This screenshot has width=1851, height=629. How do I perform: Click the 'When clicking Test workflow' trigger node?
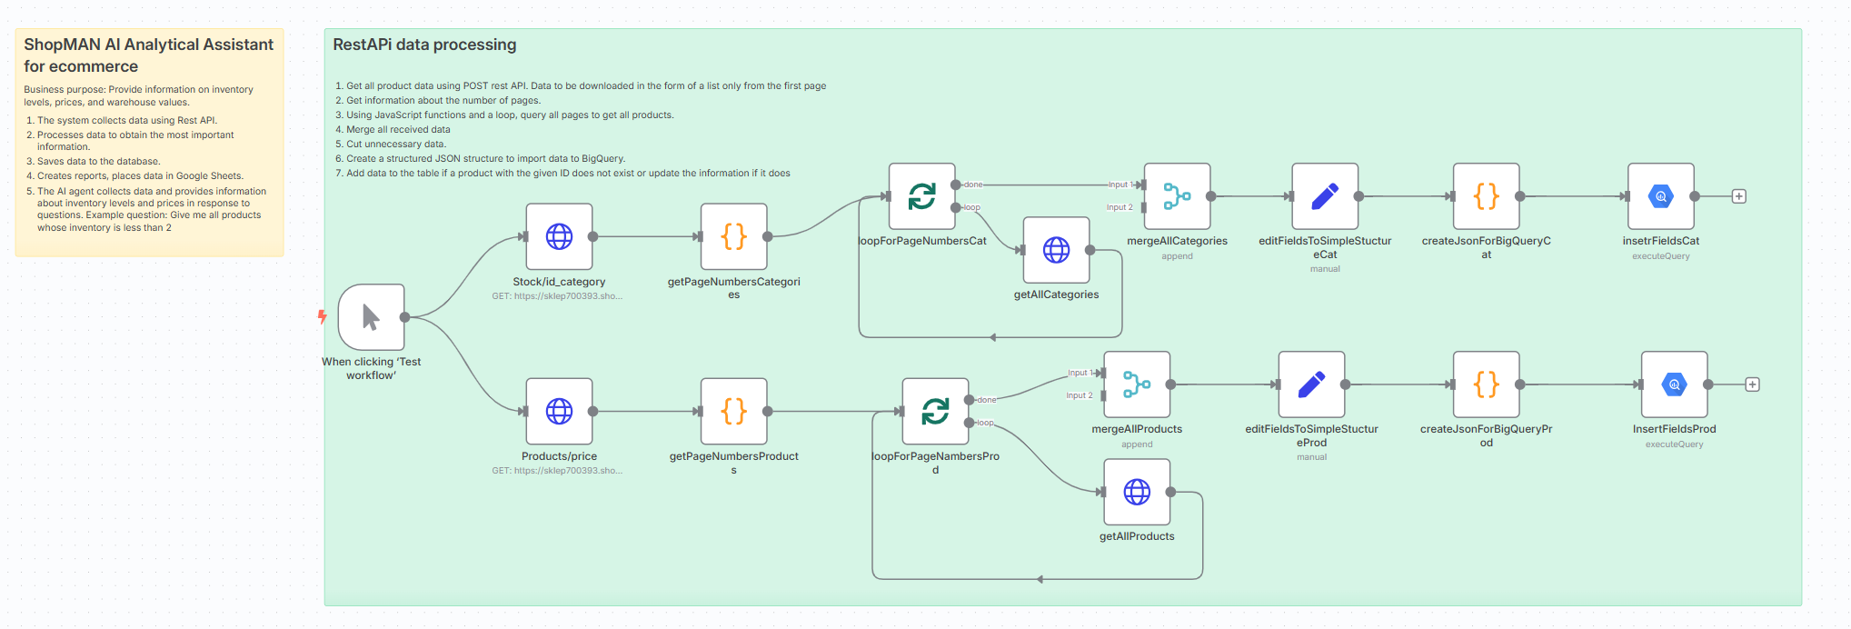[371, 317]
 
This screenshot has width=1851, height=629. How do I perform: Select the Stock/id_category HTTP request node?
[559, 236]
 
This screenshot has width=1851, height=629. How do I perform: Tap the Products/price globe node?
[559, 411]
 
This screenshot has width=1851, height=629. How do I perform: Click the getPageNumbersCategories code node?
[733, 236]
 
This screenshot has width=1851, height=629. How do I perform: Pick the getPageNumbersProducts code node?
[733, 411]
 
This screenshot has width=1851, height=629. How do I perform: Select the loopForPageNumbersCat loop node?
[921, 196]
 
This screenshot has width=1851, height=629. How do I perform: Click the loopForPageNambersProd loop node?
[935, 412]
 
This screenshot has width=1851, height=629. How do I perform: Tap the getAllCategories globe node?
[1056, 250]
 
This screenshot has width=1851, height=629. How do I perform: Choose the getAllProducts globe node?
[1137, 492]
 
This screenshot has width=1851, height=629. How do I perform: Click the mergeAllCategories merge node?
[1177, 196]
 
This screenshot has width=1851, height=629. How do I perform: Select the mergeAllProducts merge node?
[1137, 384]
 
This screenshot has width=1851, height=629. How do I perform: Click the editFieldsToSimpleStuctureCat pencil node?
[1325, 196]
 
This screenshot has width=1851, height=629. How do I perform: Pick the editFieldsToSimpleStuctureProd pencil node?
[1311, 384]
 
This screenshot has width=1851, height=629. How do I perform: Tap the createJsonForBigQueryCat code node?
[1486, 196]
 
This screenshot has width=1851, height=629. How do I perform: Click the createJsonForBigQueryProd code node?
[1486, 384]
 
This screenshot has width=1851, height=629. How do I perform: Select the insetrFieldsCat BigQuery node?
[1661, 196]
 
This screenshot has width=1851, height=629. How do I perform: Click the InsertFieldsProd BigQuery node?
[1675, 384]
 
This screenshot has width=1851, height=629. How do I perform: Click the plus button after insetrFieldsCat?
[1739, 196]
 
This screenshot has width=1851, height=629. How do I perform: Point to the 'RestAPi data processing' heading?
[424, 45]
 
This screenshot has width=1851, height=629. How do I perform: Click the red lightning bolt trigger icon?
[322, 316]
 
